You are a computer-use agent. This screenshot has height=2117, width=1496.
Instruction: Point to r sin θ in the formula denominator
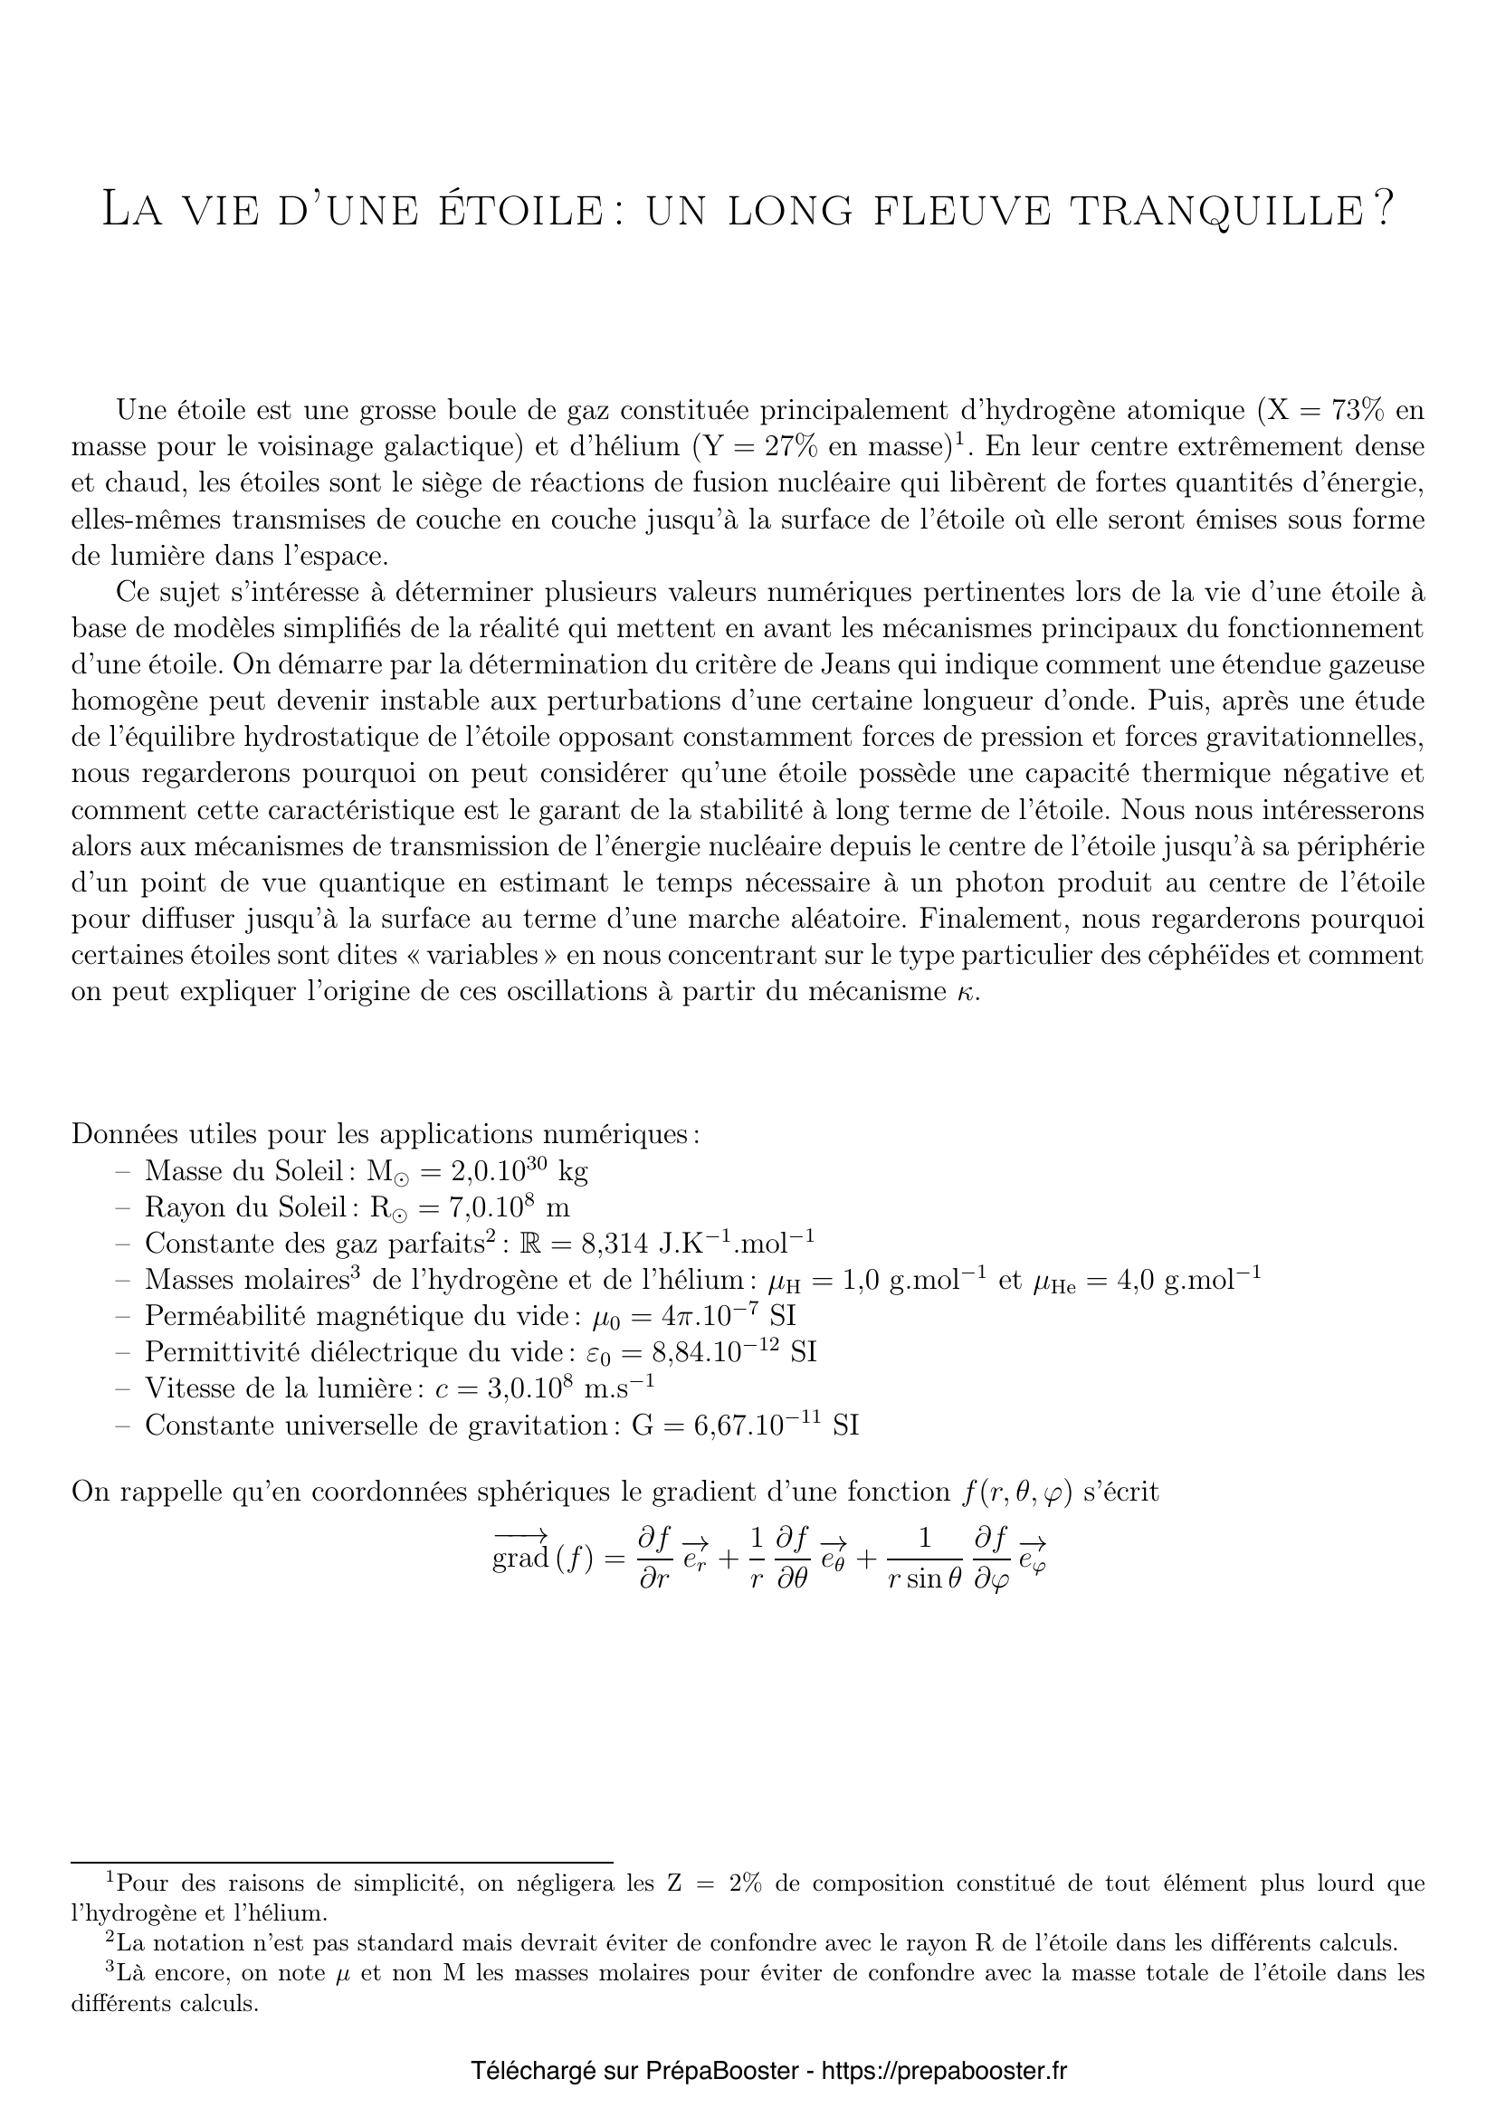click(x=925, y=1579)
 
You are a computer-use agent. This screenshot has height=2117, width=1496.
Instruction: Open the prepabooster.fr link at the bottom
click(x=943, y=2071)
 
